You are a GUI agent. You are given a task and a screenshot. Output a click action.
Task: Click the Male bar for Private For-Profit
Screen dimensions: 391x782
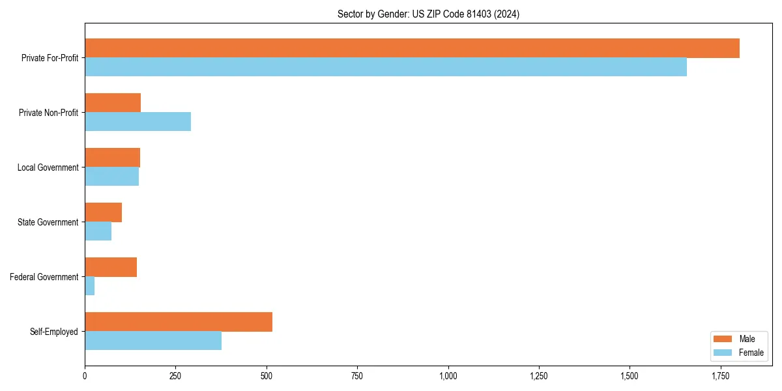coord(412,48)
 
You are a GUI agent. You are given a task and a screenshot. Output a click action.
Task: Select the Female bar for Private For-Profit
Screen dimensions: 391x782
coord(386,67)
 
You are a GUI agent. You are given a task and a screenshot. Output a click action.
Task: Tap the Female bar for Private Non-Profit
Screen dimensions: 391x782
coord(138,122)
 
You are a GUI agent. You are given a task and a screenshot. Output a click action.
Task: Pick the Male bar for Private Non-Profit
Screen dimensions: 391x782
coord(113,103)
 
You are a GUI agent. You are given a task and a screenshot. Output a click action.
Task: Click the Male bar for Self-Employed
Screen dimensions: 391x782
coord(179,322)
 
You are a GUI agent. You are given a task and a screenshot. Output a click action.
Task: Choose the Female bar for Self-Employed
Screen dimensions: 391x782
coord(153,341)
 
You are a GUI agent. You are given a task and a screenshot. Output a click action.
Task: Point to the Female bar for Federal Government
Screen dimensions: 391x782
coord(90,286)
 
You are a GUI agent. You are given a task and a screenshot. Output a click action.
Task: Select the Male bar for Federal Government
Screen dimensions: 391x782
coord(111,267)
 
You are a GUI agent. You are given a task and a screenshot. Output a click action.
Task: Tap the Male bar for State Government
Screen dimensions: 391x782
coord(103,212)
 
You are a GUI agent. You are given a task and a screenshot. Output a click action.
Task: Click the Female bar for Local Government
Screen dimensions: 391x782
coord(111,177)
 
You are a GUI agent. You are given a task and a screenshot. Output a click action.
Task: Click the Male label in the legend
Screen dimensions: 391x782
coord(747,339)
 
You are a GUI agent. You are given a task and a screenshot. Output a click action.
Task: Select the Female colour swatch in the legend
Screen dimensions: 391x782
coord(723,353)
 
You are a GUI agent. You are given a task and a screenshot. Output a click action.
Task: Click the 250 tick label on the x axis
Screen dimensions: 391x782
coord(175,376)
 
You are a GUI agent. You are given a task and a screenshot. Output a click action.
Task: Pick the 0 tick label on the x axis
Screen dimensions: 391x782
coord(85,376)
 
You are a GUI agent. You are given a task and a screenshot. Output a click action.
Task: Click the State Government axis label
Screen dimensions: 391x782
coord(48,222)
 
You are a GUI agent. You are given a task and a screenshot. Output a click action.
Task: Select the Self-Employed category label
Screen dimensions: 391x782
coord(53,332)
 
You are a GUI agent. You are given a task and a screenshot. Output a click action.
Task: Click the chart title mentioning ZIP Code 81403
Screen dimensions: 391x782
coord(428,14)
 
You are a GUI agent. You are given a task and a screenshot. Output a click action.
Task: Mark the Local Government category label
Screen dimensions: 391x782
coord(48,167)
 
